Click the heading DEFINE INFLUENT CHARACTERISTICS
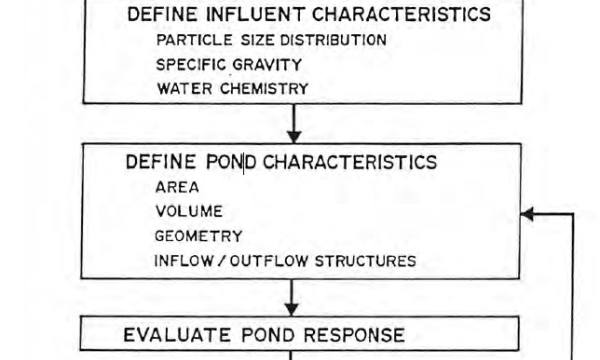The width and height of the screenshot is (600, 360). pyautogui.click(x=308, y=15)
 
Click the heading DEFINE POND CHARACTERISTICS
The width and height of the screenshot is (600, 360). pyautogui.click(x=281, y=162)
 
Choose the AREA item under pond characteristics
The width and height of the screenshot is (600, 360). pyautogui.click(x=177, y=187)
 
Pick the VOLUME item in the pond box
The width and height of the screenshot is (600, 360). pyautogui.click(x=189, y=212)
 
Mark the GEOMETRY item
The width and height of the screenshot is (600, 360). pyautogui.click(x=198, y=237)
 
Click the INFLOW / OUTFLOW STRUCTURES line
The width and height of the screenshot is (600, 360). pyautogui.click(x=285, y=261)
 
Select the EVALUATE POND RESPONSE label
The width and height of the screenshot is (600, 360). pyautogui.click(x=264, y=334)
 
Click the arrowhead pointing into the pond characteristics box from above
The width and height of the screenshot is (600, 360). pyautogui.click(x=293, y=135)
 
